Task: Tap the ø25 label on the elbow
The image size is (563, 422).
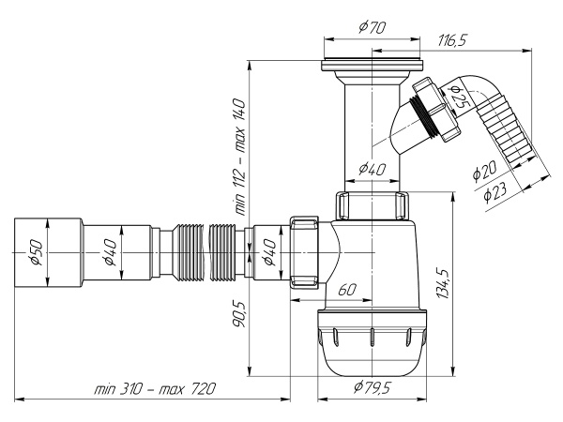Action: (x=458, y=95)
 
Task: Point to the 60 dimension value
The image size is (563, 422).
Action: (x=346, y=291)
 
